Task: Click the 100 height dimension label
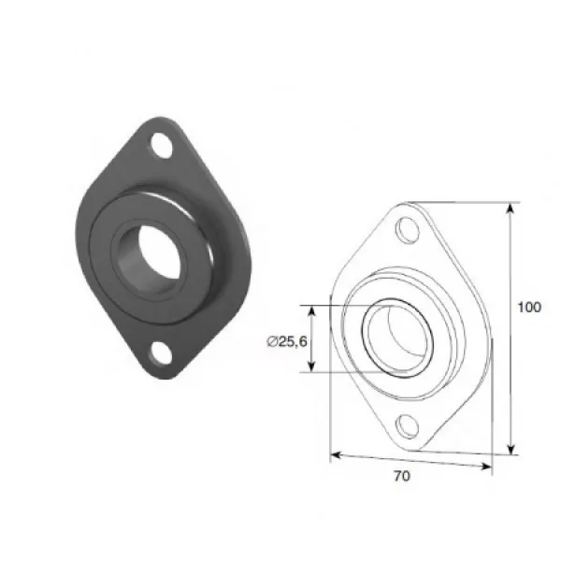pos(529,307)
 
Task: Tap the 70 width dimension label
pos(402,476)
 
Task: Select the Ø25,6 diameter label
pos(287,341)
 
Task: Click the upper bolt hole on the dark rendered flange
pos(161,146)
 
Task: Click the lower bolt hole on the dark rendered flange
pos(161,353)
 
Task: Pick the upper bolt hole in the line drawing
pos(407,232)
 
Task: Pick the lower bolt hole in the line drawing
pos(407,425)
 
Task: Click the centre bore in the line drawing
pos(398,338)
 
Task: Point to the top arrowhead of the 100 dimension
pos(511,208)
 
